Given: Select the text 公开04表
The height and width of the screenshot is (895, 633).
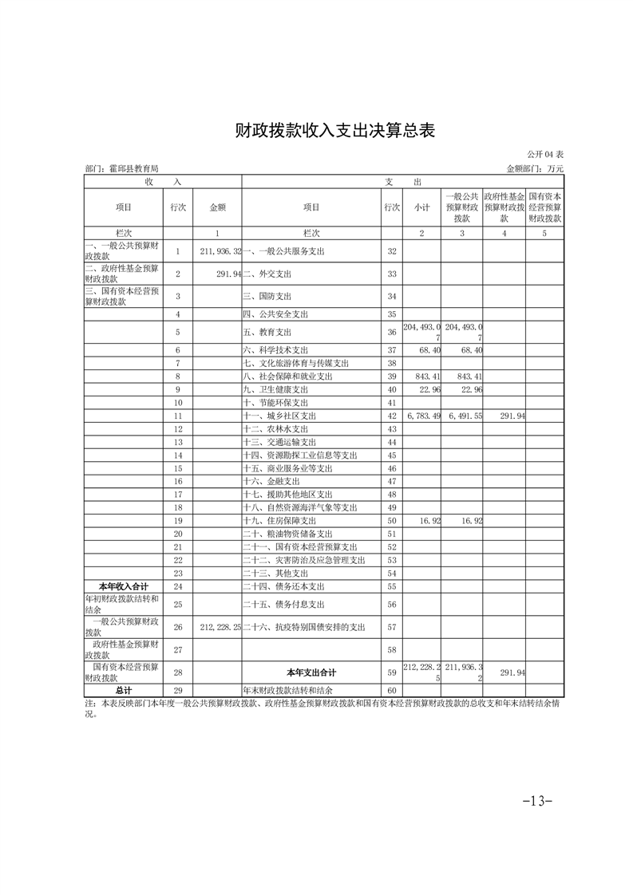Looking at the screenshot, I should (545, 154).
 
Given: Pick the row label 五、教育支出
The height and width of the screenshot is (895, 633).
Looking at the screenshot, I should (267, 332).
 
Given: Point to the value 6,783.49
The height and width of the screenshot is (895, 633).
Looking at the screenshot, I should (423, 416).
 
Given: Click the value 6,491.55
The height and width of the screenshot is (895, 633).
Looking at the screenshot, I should (464, 416).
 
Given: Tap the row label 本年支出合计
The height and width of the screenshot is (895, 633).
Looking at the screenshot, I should (311, 672).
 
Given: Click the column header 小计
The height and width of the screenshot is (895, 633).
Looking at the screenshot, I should (422, 207).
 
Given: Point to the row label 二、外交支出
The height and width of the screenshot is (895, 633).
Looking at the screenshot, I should (267, 274).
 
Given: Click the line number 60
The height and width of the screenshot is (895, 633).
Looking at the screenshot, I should (391, 690).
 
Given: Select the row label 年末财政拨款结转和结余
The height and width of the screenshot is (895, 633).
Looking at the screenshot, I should (287, 690).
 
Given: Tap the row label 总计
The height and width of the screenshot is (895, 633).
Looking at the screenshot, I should (124, 690).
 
